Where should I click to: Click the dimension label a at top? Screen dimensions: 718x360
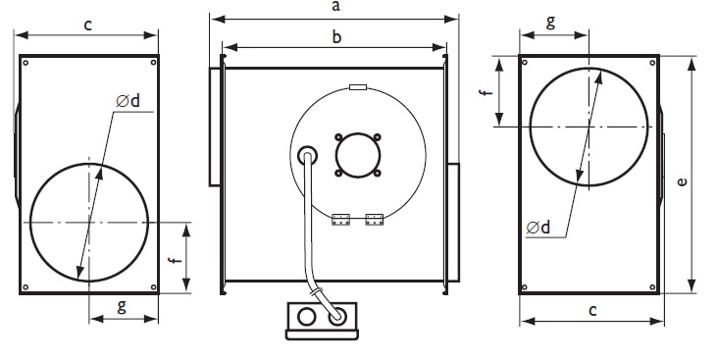click(x=336, y=7)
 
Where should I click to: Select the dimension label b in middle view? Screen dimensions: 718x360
click(x=336, y=36)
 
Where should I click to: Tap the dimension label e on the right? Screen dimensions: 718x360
click(x=683, y=181)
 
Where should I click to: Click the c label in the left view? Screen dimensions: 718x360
click(x=88, y=25)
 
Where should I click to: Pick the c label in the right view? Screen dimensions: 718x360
click(x=592, y=311)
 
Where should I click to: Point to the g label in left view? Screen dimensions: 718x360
click(x=122, y=306)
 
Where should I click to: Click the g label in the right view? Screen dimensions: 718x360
click(x=550, y=21)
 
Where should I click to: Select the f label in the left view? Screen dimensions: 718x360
click(x=174, y=261)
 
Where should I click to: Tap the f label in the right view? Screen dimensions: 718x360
click(x=487, y=91)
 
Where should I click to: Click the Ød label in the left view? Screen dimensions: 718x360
click(x=128, y=101)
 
